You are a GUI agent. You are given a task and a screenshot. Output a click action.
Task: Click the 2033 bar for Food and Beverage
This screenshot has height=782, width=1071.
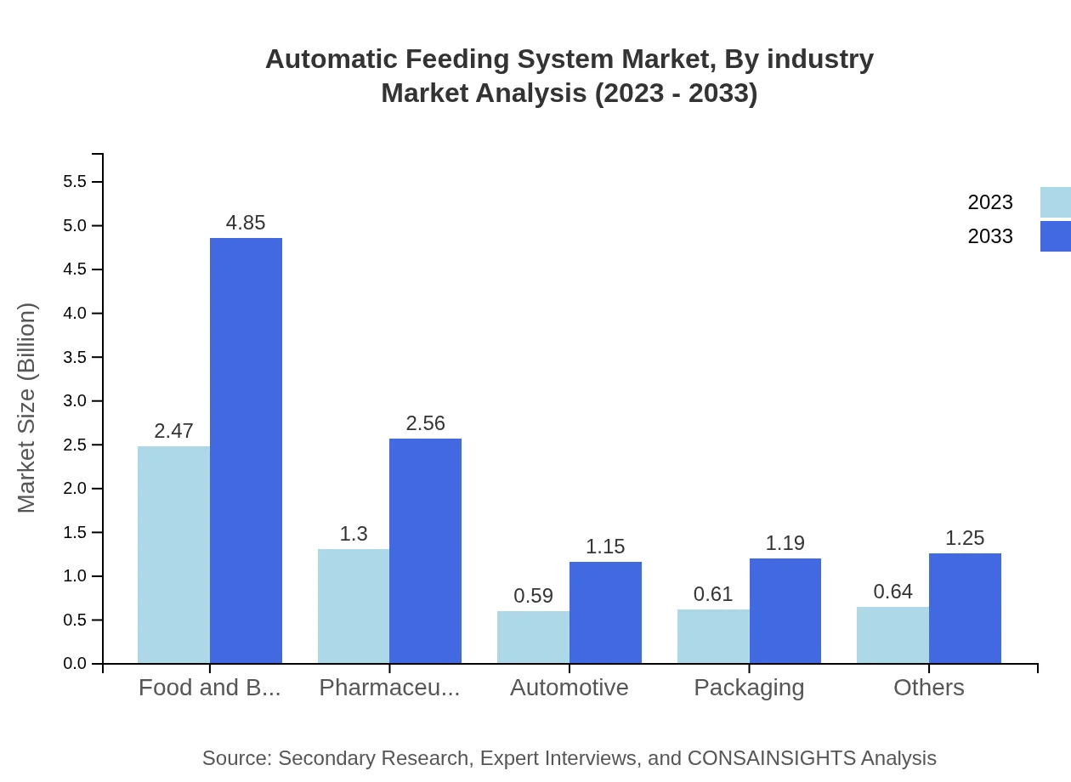coord(246,450)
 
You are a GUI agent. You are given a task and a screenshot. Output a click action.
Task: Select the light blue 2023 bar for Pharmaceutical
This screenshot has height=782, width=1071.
coord(354,606)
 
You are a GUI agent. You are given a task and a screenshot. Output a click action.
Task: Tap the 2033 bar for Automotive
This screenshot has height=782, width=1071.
coord(605,612)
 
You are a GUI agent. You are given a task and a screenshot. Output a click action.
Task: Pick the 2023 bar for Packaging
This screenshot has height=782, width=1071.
coord(713,636)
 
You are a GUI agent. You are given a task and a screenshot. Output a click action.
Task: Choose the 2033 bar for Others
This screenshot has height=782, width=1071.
coord(965,608)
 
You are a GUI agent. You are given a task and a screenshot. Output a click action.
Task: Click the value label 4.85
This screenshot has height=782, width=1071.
coord(246,223)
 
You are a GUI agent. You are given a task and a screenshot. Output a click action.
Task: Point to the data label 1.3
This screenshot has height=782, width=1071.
coord(354,534)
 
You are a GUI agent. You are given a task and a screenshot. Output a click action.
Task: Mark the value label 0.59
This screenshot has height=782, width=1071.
coord(534,596)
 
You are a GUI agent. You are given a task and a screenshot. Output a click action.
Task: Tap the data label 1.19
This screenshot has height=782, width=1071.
coord(785,543)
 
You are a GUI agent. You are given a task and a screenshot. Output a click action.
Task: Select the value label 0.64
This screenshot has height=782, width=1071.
coord(892,592)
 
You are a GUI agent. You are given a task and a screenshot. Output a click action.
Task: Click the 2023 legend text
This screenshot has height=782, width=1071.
coord(990,202)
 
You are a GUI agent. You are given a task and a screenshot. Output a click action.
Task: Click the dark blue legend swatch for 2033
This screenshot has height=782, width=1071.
coord(1055,236)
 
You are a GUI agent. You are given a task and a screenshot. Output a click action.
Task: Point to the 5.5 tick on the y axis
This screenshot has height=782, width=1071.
coord(75,182)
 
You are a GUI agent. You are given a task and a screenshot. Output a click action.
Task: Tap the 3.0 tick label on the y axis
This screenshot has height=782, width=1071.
coord(75,401)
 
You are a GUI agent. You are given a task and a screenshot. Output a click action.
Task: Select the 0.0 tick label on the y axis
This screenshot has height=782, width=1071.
coord(75,664)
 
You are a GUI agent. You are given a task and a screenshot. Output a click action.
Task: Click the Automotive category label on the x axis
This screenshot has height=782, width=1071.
coord(569,688)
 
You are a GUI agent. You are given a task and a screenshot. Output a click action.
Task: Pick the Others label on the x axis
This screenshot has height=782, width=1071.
coord(928,688)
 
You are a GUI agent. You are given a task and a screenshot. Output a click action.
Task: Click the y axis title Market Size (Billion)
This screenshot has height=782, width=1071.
coord(27,408)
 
